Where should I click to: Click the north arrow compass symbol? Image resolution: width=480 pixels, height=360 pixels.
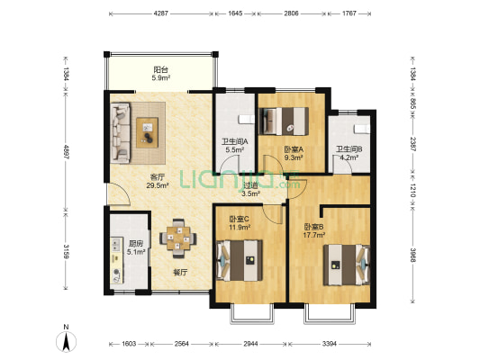66,341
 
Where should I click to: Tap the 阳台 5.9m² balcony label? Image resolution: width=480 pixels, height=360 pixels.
161,74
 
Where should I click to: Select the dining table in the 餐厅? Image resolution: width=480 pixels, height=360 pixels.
178,238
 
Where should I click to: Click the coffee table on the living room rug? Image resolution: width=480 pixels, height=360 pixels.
148,132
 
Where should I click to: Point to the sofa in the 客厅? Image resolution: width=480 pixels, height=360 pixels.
121,132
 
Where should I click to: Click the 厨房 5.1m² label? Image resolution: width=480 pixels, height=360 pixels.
136,247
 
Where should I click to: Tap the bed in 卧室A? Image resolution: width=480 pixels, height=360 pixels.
284,121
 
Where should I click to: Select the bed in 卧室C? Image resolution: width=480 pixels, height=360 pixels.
240,260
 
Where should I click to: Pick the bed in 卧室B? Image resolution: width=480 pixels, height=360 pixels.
347,265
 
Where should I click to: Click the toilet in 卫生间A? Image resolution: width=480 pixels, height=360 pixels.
247,120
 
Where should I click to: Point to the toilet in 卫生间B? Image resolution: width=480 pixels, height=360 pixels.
362,129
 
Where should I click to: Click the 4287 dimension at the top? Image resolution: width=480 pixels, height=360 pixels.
160,13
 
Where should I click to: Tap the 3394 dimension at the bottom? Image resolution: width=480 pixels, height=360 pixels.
330,344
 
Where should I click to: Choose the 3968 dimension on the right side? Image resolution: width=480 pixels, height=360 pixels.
412,255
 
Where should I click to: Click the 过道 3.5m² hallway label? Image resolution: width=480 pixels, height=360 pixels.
250,189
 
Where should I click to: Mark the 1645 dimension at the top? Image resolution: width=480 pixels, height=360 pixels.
235,13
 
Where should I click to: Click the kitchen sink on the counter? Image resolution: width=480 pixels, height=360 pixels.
117,244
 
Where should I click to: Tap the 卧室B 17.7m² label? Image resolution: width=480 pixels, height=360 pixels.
314,231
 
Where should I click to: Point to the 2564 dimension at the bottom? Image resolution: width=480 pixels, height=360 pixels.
182,344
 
